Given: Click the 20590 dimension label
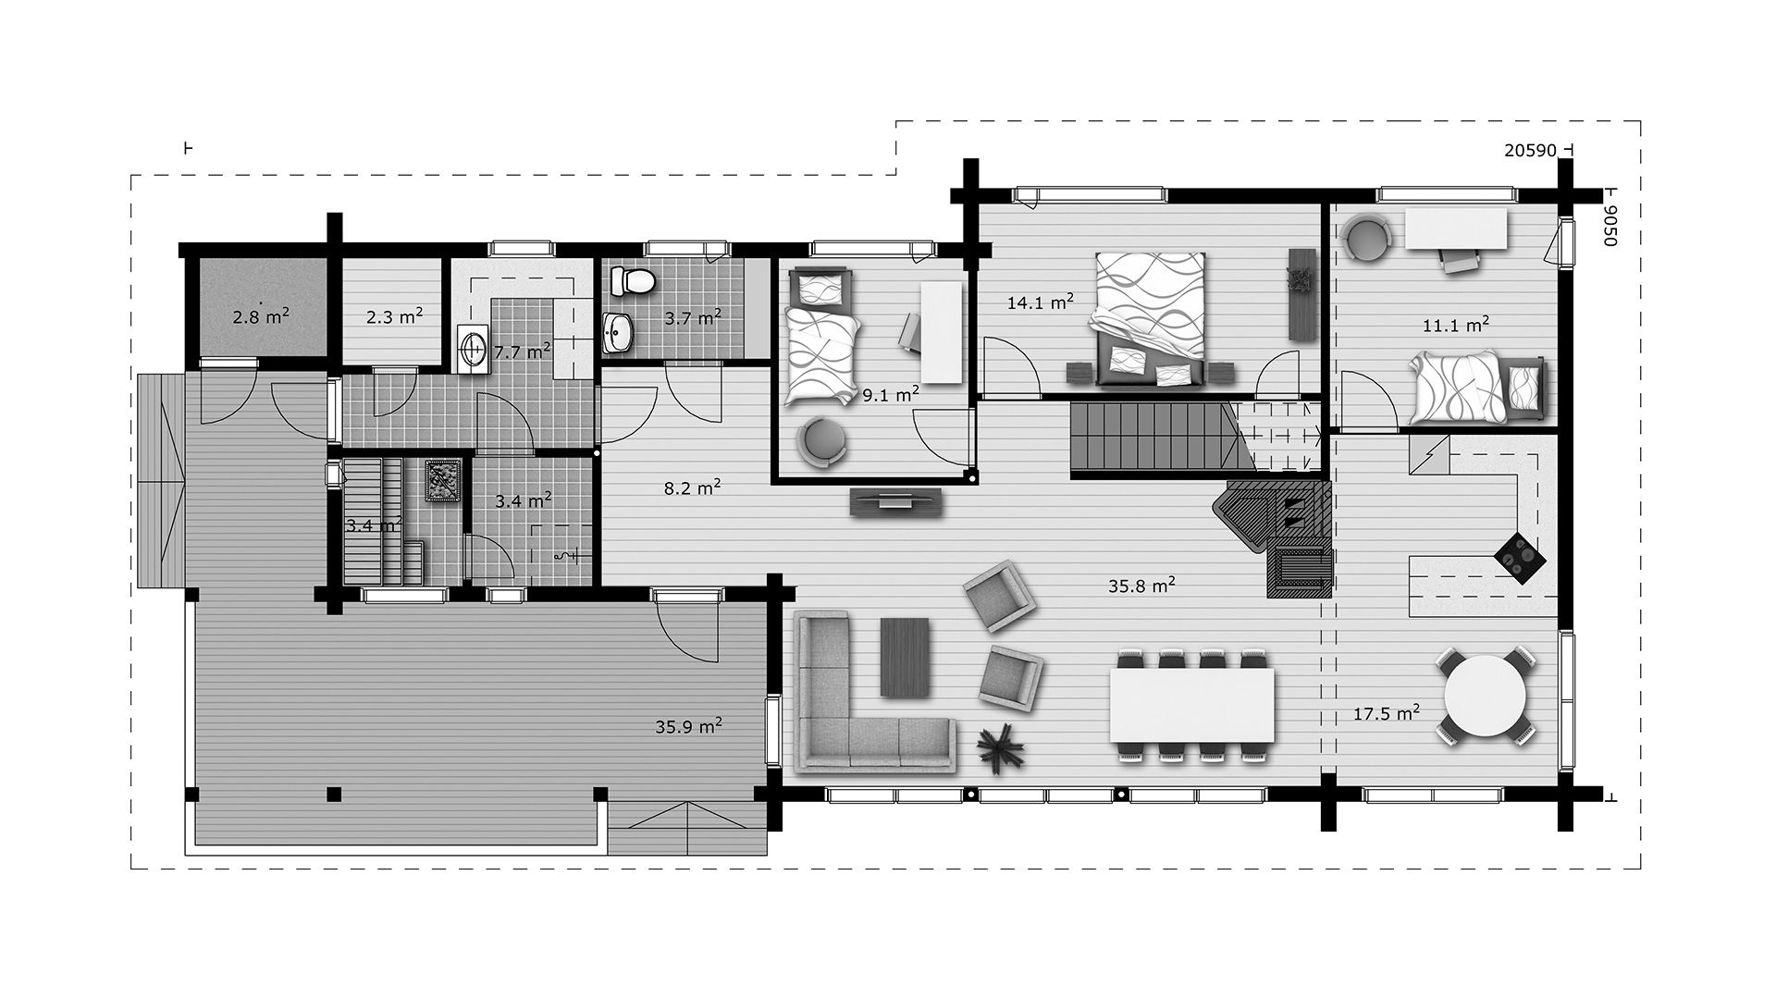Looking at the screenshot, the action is click(x=1530, y=151).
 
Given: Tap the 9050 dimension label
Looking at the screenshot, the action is click(x=1609, y=225).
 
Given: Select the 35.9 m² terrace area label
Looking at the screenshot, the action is click(x=689, y=726).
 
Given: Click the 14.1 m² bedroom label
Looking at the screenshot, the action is click(x=1041, y=301).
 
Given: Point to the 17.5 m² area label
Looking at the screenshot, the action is click(x=1387, y=713).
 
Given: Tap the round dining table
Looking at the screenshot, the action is click(x=1486, y=696).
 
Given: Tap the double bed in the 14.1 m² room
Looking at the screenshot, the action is click(x=1150, y=318).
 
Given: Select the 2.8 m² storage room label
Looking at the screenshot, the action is click(x=261, y=316).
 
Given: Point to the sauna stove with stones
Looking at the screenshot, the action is click(x=442, y=481).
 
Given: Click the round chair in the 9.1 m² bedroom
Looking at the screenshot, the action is click(x=823, y=439).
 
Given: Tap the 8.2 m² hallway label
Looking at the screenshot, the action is click(x=692, y=487).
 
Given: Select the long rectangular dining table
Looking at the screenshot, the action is click(x=1191, y=705).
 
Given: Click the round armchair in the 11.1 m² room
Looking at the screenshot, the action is click(x=1366, y=238).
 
